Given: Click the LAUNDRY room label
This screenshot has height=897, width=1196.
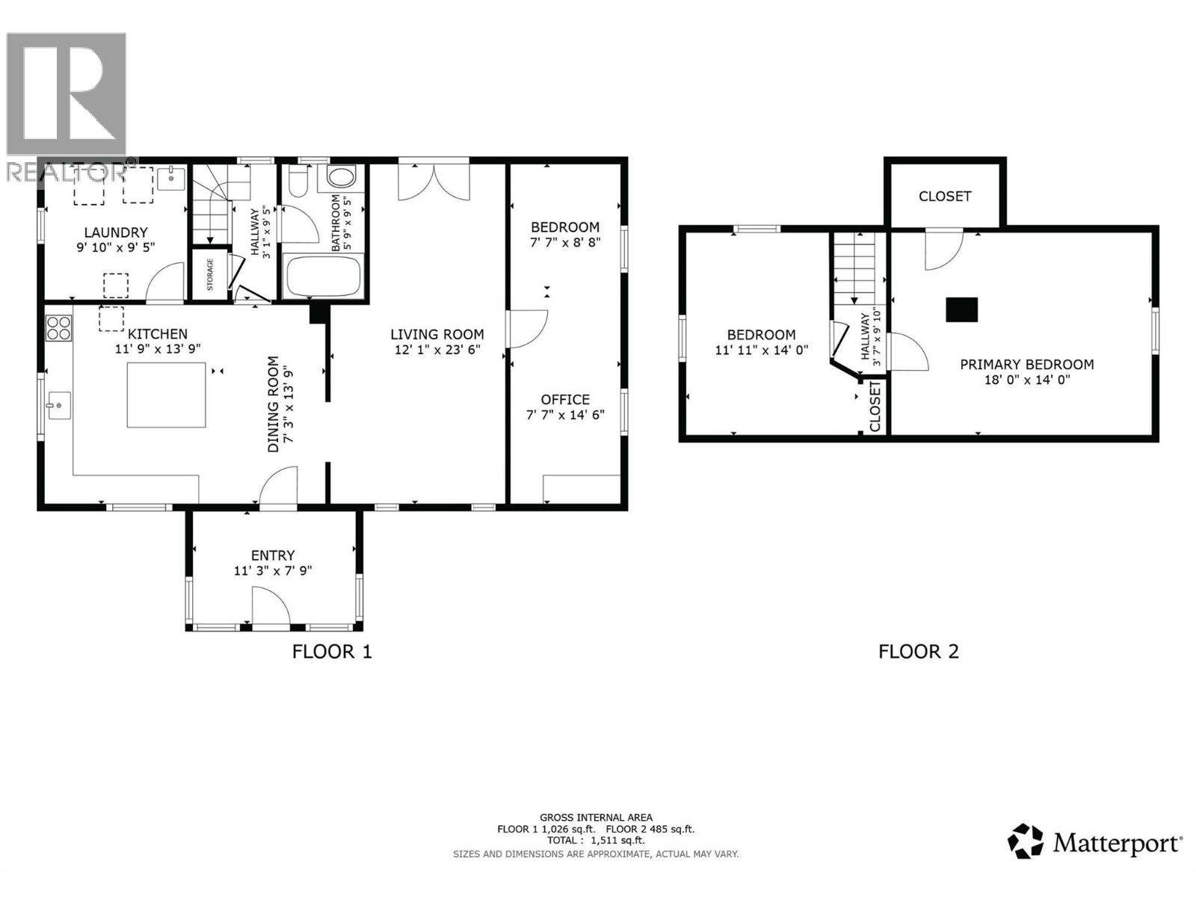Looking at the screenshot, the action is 116,232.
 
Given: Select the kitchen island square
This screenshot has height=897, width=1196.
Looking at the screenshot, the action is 166,395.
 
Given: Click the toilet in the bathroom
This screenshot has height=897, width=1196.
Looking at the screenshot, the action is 300,179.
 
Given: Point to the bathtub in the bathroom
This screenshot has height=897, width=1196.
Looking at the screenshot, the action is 324,277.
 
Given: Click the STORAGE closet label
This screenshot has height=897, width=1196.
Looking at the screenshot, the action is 210,274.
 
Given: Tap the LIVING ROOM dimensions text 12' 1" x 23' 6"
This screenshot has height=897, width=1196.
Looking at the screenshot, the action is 437,349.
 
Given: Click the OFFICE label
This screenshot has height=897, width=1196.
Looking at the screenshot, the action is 565,399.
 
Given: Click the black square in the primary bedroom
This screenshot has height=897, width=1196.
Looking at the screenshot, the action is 961,309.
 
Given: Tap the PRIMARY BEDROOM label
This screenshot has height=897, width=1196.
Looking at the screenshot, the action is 1026,364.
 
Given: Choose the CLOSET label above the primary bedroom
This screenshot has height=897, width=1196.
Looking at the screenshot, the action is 945,196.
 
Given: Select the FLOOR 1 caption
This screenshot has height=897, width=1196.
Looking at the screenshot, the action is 332,651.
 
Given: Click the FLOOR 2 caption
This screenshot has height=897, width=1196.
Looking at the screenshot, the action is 918,651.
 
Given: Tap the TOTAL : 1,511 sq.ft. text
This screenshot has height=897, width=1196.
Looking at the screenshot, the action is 596,840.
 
